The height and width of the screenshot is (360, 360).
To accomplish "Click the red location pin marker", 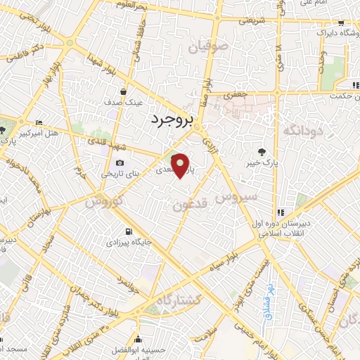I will pyautogui.click(x=181, y=166).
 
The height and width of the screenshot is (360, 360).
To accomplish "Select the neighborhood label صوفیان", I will pyautogui.click(x=208, y=47).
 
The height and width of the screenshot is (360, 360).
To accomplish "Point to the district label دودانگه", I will pyautogui.click(x=302, y=130).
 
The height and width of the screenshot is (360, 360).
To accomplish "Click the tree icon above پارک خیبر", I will pyautogui.click(x=263, y=152).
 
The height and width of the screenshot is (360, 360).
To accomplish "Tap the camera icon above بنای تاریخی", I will pyautogui.click(x=120, y=164).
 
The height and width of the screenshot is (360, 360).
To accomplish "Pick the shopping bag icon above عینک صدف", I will pyautogui.click(x=124, y=91).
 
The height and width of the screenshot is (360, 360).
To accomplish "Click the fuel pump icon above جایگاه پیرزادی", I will pyautogui.click(x=128, y=232).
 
